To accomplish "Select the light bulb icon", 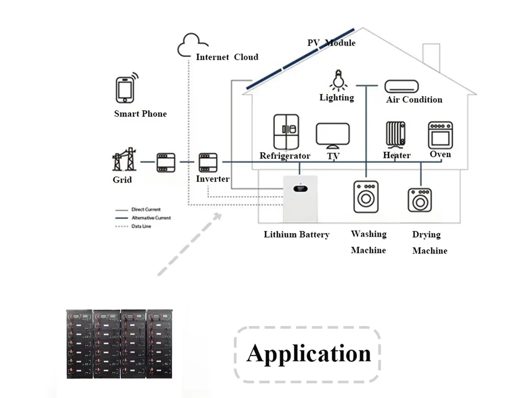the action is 338,80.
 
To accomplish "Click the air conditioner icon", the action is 401,86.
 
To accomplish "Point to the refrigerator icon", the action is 286,132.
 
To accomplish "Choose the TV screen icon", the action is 332,136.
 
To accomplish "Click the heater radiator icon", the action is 396,135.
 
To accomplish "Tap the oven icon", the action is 440,135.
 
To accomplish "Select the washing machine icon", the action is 366,196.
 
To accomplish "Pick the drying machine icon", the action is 420,200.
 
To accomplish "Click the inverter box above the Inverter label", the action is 208,162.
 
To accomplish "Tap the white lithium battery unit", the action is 300,198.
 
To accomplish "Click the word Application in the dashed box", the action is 309,354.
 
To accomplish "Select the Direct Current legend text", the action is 146,210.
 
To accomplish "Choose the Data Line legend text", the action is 141,226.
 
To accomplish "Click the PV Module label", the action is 331,43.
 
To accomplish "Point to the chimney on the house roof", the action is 431,57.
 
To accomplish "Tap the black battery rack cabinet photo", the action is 119,343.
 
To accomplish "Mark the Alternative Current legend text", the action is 151,218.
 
